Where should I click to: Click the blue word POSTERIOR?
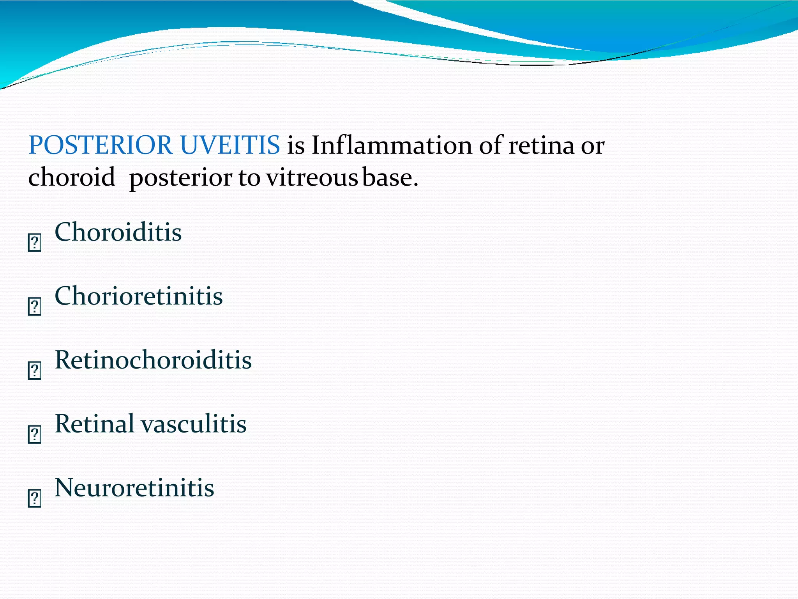click(x=100, y=145)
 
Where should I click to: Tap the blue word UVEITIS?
click(x=230, y=145)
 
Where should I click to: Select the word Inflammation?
click(x=392, y=145)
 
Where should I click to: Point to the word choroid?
click(x=72, y=177)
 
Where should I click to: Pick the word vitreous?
click(x=312, y=178)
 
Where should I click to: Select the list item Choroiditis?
click(x=118, y=232)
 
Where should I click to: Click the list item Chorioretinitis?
click(x=139, y=296)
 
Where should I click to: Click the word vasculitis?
click(x=193, y=424)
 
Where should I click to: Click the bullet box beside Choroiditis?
click(x=35, y=243)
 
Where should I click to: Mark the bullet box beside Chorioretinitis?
click(x=35, y=307)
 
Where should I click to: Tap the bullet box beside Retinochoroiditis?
click(x=35, y=370)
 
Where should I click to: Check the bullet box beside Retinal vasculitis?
click(x=35, y=434)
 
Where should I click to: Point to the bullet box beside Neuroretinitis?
click(x=35, y=498)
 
